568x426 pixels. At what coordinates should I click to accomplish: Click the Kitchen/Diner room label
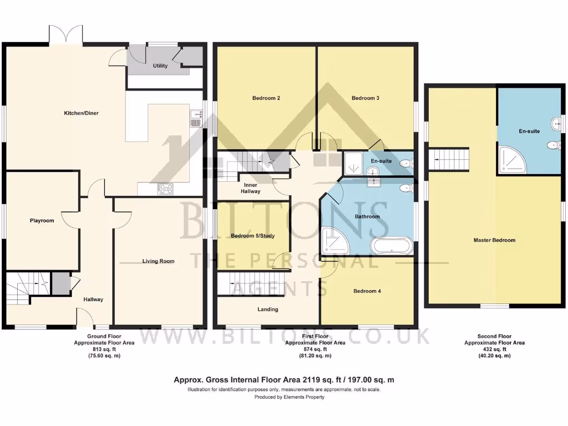(82, 113)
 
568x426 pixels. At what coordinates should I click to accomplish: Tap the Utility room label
(160, 66)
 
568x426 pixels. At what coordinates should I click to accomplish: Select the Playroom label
(42, 221)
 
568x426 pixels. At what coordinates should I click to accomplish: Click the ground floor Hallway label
(93, 300)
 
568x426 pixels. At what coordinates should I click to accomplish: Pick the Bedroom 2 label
(266, 98)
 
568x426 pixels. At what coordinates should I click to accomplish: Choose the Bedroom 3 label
(366, 98)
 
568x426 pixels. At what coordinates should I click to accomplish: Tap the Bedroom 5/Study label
(252, 236)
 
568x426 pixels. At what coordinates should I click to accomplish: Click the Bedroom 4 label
(367, 291)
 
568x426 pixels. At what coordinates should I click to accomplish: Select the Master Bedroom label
(494, 240)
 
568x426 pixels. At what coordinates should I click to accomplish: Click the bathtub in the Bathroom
(392, 245)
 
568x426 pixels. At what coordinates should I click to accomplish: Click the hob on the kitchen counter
(165, 189)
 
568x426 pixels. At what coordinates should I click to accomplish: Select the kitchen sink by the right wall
(195, 118)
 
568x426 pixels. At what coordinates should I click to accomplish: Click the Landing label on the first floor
(268, 310)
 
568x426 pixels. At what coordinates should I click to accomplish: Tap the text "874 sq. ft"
(315, 349)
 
